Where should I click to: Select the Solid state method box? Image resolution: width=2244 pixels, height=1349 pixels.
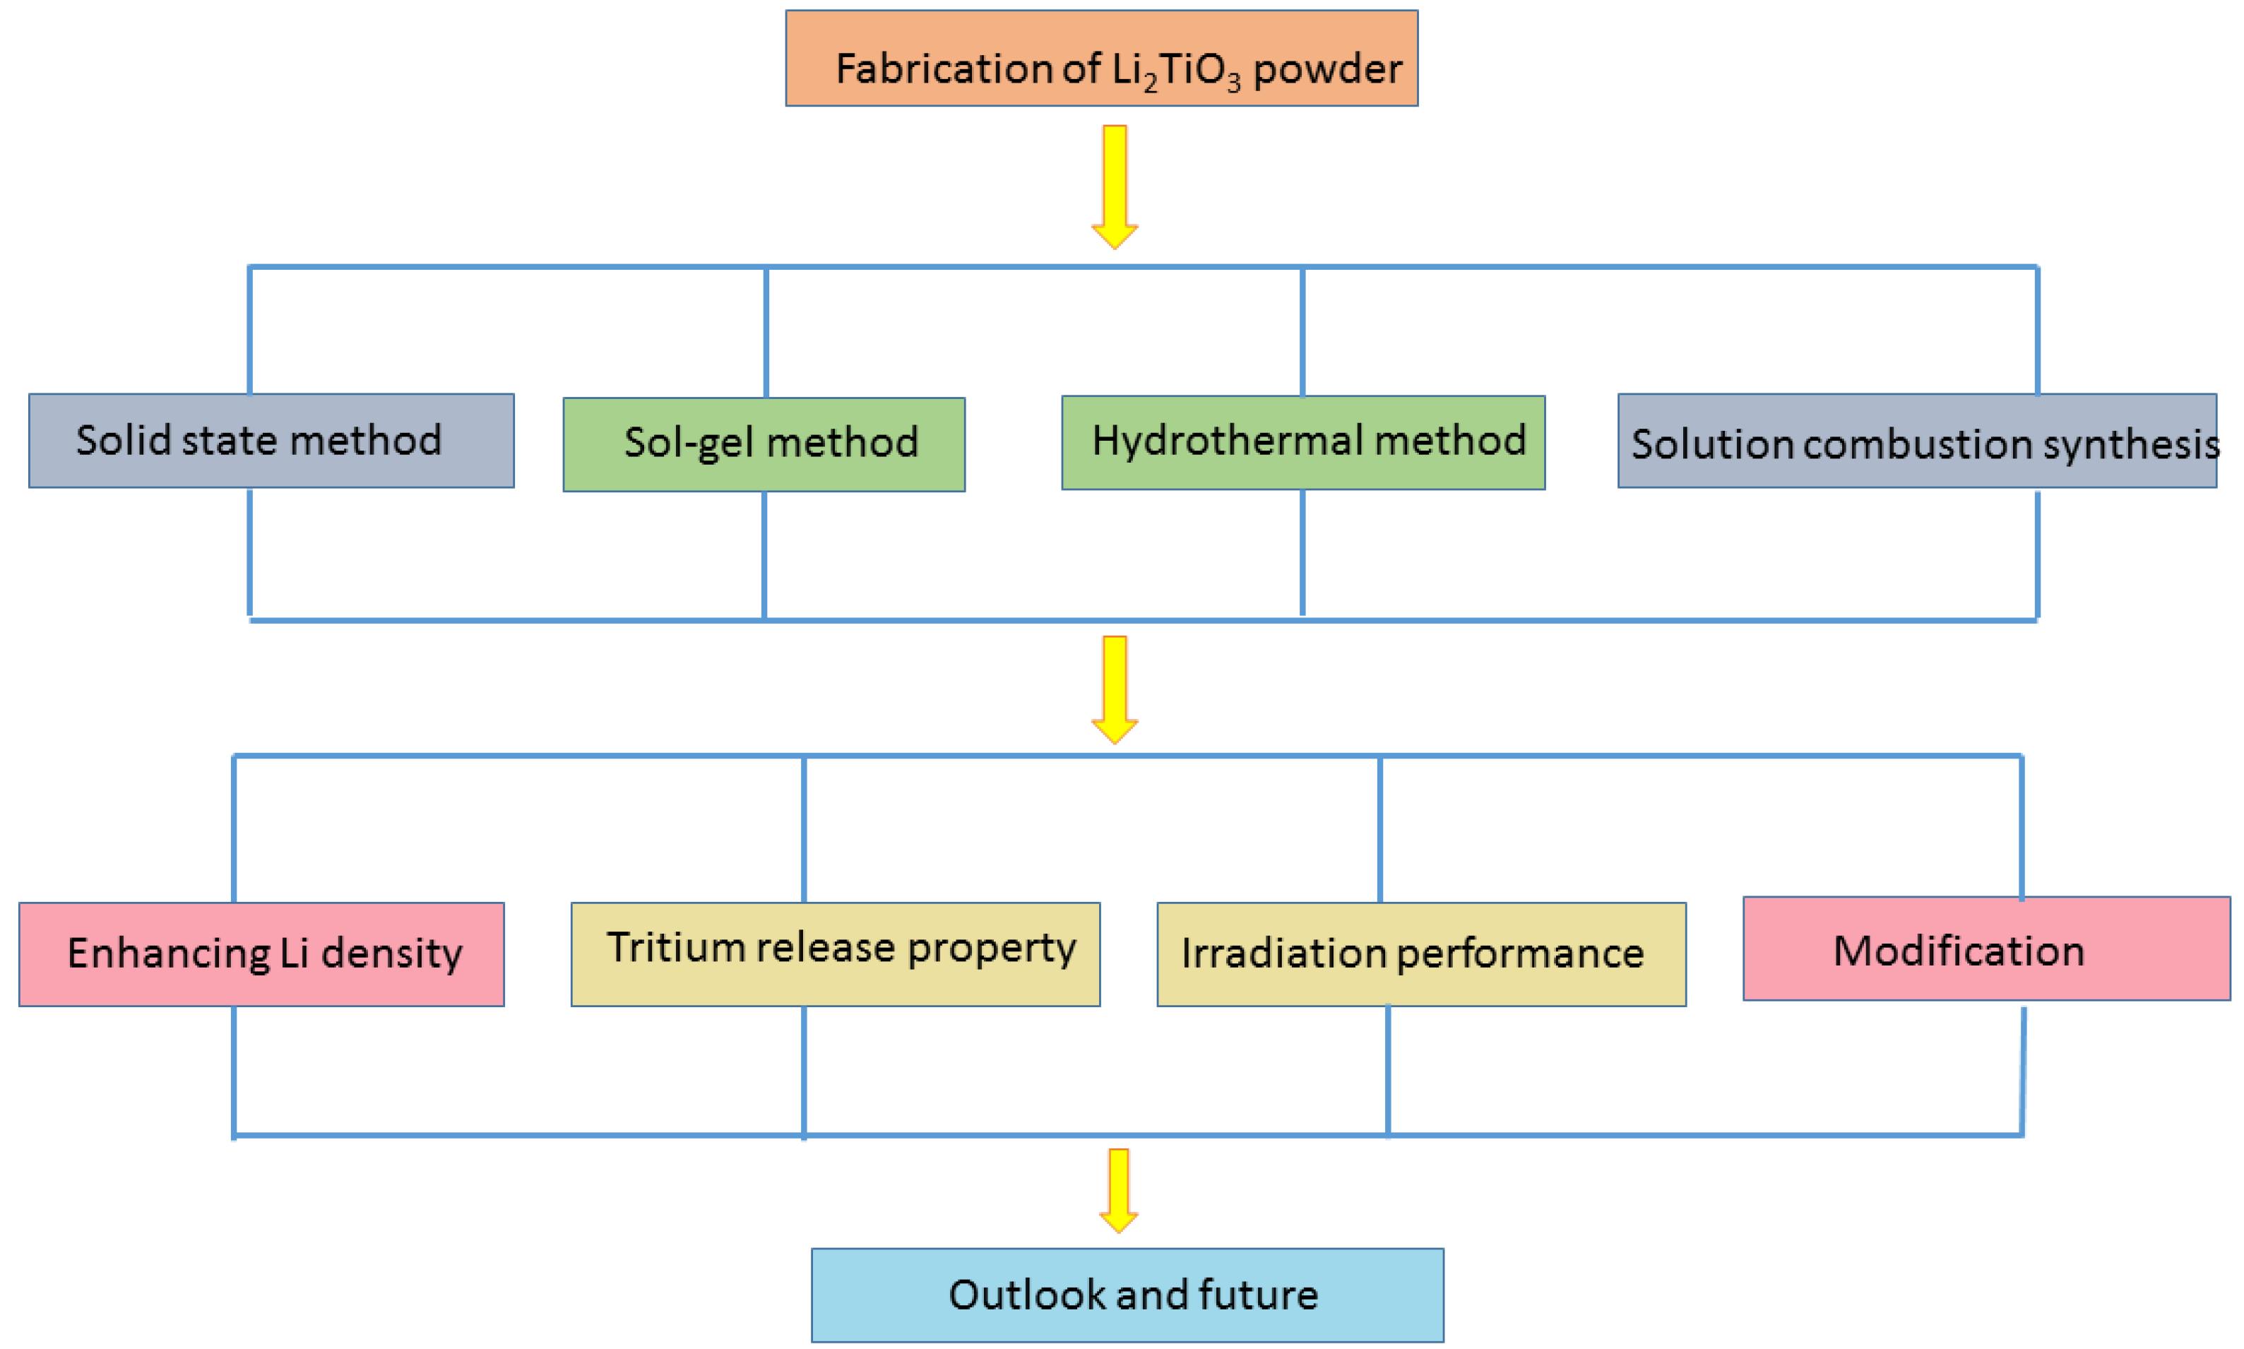coord(271,441)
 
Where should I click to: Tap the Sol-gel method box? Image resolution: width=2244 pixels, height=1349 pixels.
coord(764,444)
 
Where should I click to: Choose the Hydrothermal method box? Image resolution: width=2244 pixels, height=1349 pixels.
coord(1302,443)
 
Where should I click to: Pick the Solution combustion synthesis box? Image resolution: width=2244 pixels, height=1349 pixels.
coord(1916,441)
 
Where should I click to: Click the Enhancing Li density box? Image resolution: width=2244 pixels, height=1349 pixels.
coord(262,953)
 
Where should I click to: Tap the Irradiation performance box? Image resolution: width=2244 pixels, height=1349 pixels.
coord(1420,953)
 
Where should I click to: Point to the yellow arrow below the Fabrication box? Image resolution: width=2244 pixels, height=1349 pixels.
coord(1115,186)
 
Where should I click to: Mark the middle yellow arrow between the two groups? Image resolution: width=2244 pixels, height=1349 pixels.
coord(1115,689)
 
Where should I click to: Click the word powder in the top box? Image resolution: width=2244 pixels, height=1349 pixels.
coord(1327,70)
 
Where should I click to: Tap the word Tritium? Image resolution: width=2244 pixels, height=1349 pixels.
coord(663,948)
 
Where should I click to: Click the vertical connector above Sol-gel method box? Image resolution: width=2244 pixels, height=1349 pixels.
coord(766,332)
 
